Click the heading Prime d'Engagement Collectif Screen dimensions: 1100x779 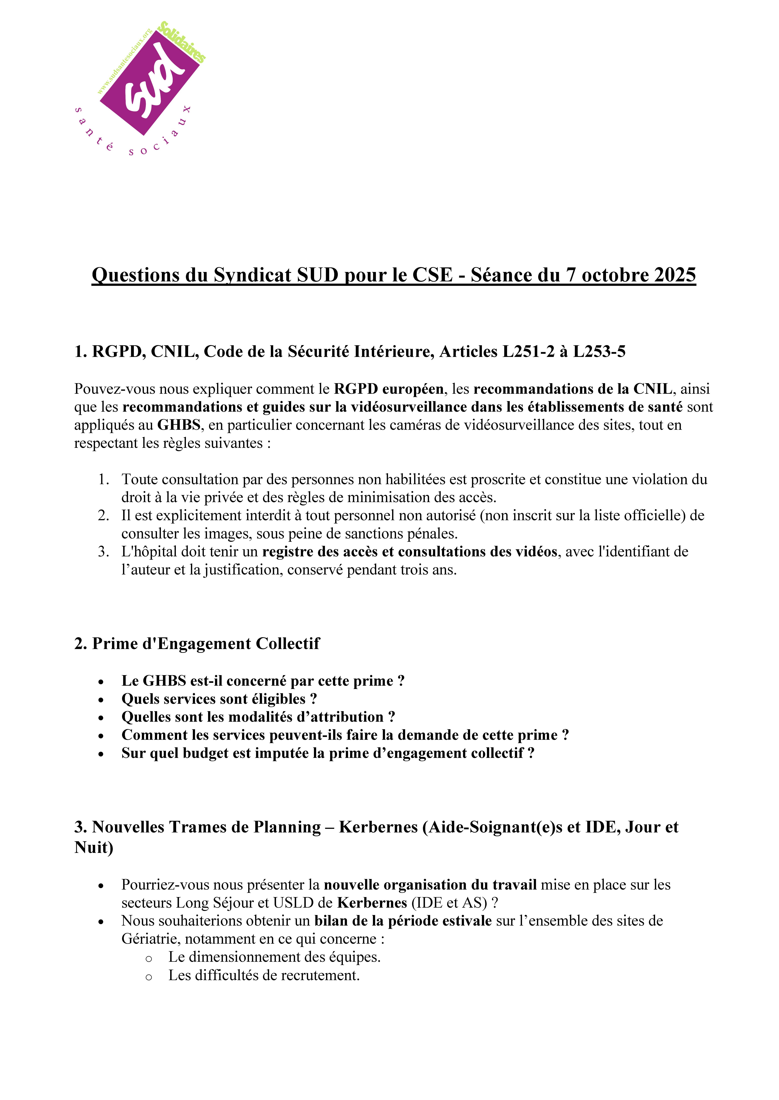tap(206, 643)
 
